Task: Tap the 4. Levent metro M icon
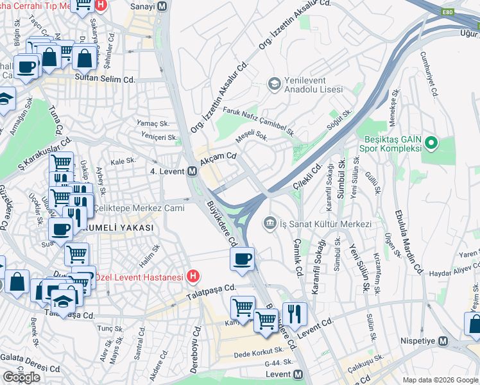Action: coord(192,171)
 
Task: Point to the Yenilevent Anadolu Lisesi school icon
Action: coord(274,83)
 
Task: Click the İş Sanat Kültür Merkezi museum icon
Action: coord(270,223)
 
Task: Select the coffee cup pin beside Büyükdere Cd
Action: coord(242,259)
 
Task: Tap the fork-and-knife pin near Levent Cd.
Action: coord(295,314)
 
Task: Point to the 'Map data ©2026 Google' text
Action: coord(440,380)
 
